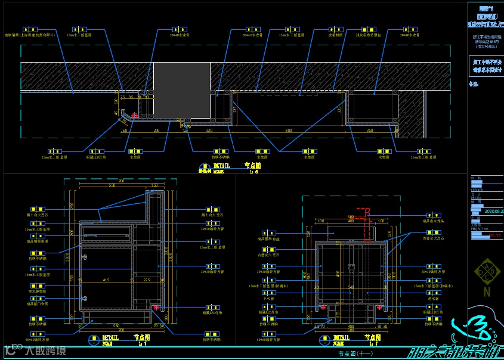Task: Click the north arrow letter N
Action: (487, 292)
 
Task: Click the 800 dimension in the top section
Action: (289, 130)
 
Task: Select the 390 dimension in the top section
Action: (157, 130)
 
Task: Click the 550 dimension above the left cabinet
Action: (112, 185)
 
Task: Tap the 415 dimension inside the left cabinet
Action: (106, 280)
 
